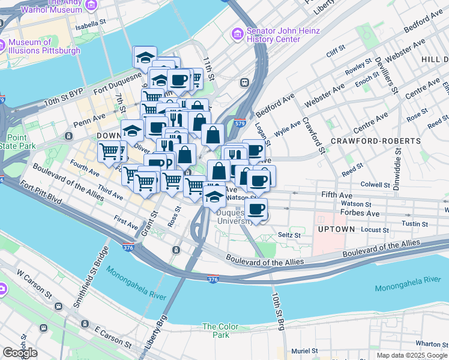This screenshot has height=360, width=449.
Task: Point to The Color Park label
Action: (220, 331)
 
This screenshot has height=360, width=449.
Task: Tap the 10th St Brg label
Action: (277, 312)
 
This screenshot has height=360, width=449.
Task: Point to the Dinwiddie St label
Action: (396, 154)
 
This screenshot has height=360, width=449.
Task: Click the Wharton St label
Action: (428, 344)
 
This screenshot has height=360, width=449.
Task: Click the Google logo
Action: (20, 353)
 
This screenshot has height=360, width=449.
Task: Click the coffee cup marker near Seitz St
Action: (256, 210)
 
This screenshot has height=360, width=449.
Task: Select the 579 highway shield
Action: (240, 123)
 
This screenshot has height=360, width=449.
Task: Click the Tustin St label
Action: (415, 224)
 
